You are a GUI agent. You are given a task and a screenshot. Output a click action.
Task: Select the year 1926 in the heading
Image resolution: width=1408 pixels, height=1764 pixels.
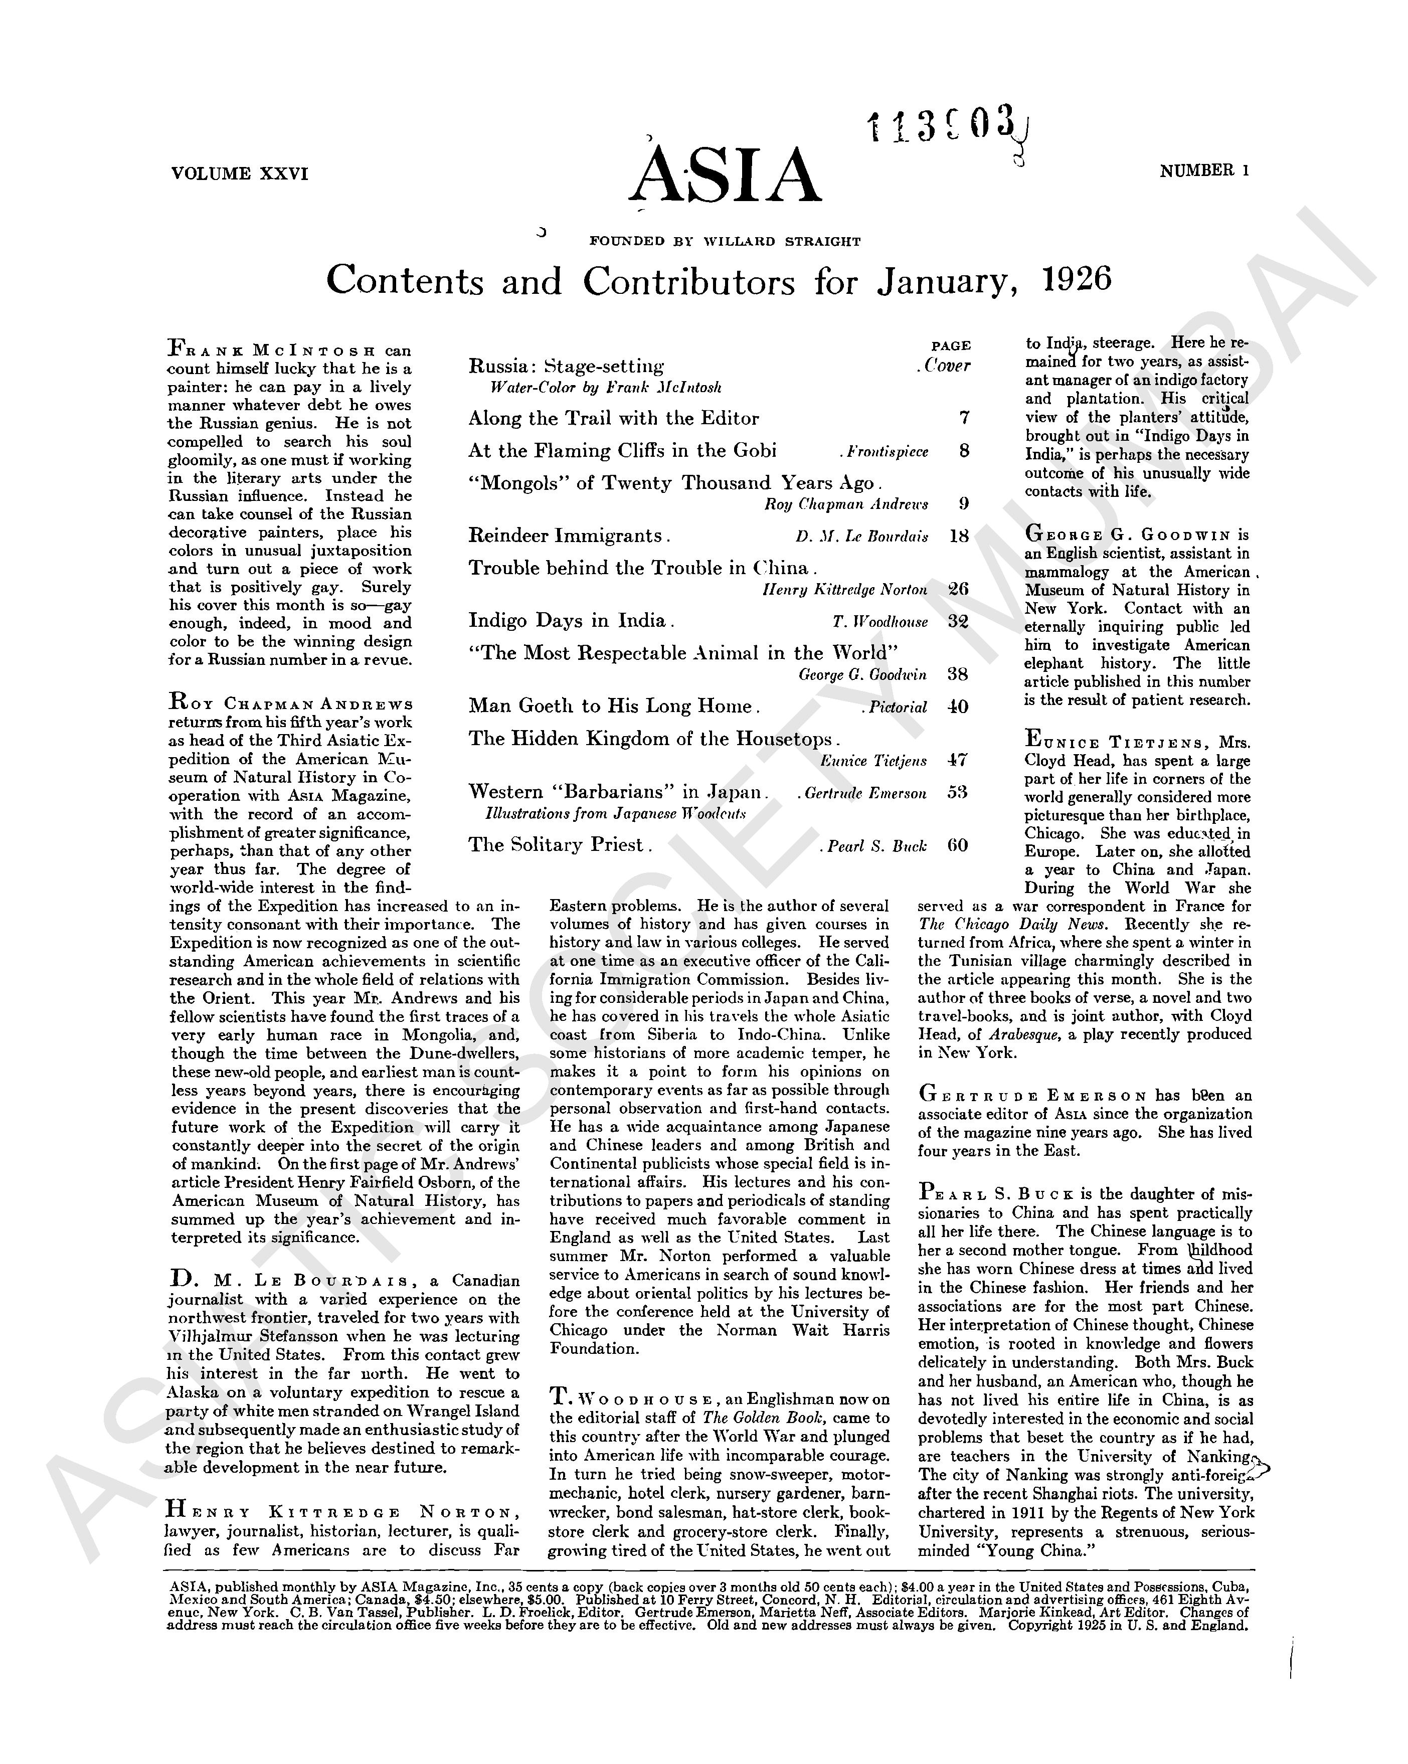tap(1078, 280)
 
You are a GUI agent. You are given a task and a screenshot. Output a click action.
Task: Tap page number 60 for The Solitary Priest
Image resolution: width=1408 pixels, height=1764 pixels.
tap(957, 845)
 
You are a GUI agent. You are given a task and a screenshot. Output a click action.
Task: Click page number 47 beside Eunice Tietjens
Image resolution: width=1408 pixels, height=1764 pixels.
tap(957, 760)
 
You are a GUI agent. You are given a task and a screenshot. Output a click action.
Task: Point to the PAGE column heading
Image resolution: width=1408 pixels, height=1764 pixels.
tap(951, 346)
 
